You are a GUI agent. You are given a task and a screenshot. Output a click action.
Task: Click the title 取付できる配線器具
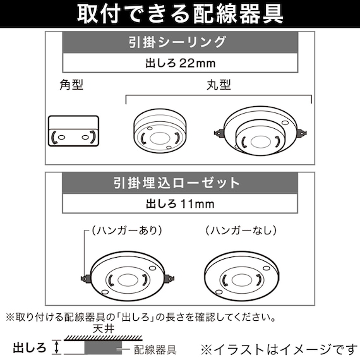[180, 14]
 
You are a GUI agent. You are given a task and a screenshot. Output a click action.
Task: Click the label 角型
[71, 85]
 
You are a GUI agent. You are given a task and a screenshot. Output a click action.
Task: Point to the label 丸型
[218, 85]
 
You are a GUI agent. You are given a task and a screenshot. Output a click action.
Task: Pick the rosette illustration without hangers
[243, 275]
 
